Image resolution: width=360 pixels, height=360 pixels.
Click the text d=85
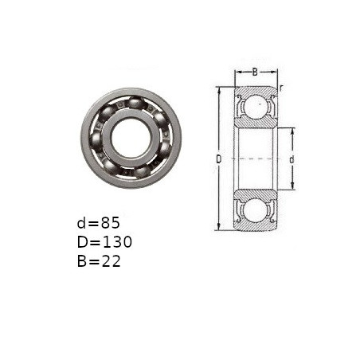(x=98, y=223)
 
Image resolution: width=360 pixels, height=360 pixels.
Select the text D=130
(x=104, y=242)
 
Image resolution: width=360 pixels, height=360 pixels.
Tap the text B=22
(x=99, y=261)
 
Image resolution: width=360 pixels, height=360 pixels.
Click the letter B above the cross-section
(x=255, y=72)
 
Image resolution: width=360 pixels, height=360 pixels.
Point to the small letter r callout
(x=281, y=88)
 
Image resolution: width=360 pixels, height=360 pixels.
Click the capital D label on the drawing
(x=218, y=159)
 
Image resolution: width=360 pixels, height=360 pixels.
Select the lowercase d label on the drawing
(x=292, y=159)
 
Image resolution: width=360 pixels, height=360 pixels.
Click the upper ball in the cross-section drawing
(x=256, y=106)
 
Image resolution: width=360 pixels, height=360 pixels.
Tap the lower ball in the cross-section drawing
(x=256, y=209)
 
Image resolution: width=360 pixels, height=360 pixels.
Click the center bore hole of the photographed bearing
(x=131, y=138)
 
